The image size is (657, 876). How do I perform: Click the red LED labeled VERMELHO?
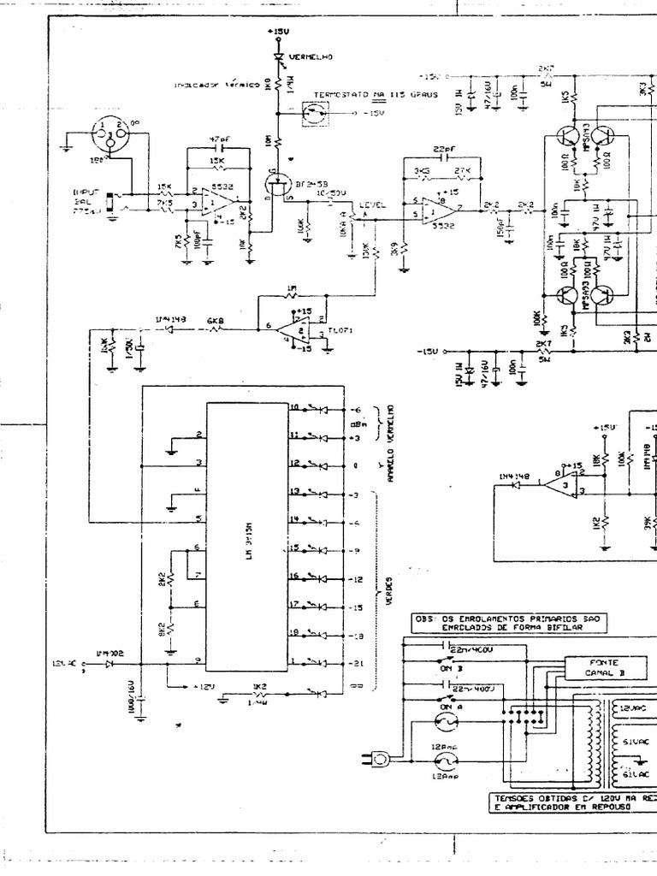pos(279,58)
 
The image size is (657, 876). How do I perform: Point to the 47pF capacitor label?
pos(219,139)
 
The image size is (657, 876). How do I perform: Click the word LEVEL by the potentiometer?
pos(372,205)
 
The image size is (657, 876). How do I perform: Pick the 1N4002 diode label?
pos(110,653)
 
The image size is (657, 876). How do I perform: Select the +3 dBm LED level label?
pos(357,437)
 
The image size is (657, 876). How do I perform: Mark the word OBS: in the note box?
pos(426,618)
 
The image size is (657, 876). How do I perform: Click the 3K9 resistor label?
pos(393,251)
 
